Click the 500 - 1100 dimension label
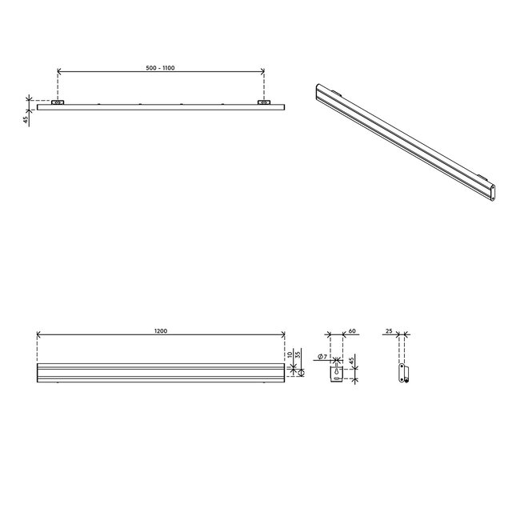(x=161, y=68)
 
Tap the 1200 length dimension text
(x=161, y=330)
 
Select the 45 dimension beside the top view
(x=26, y=119)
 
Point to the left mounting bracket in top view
(x=58, y=103)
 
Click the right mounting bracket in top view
(x=264, y=103)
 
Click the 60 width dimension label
(x=352, y=330)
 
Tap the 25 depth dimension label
(x=389, y=330)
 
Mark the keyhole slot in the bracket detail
(x=337, y=373)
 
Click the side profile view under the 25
(x=405, y=374)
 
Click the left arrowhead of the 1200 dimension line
(x=38, y=335)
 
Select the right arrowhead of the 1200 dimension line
(x=284, y=335)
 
